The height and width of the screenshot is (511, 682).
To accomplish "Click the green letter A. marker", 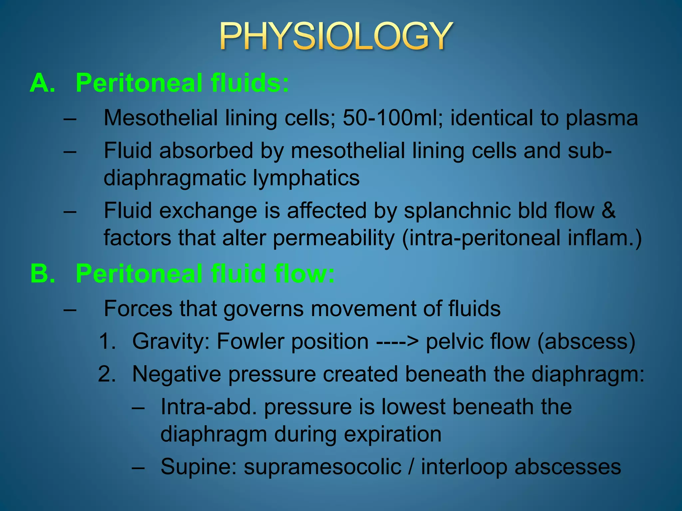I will click(x=42, y=83).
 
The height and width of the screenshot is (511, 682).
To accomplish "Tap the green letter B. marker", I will click(x=43, y=273).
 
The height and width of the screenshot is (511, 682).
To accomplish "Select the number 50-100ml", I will click(x=393, y=118).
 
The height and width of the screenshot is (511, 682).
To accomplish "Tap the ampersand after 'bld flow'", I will click(x=608, y=211).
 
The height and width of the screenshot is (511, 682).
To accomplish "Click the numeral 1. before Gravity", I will click(x=107, y=342).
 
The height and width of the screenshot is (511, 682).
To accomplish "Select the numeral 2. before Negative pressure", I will click(x=107, y=374).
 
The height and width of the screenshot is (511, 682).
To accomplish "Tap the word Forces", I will click(x=138, y=309).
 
